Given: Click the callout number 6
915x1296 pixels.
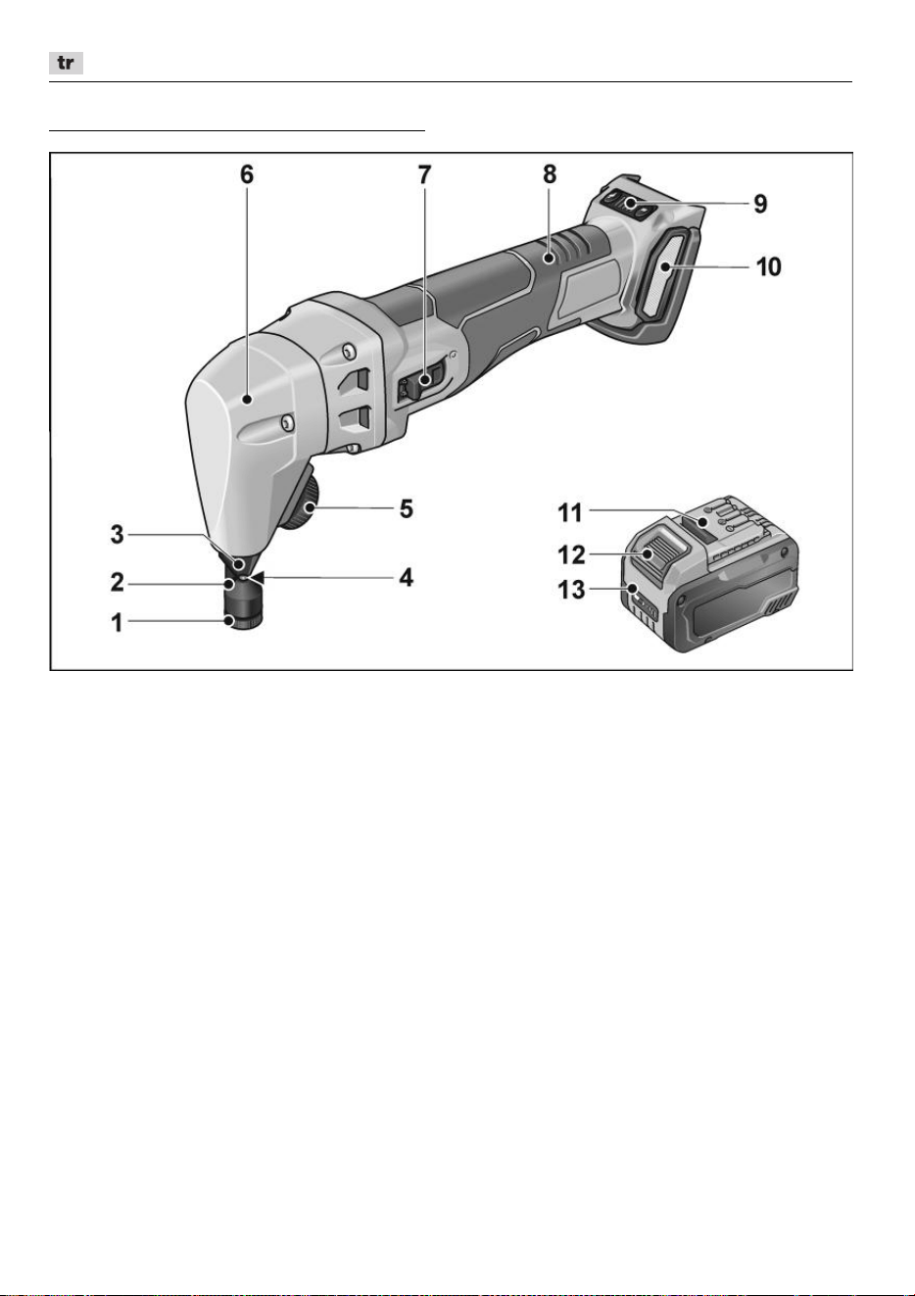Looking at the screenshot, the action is click(x=247, y=174).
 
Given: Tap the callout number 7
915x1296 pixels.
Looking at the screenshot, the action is click(x=425, y=174).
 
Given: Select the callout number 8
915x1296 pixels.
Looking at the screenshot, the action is click(x=550, y=174).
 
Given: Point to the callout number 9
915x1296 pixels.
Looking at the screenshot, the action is click(x=760, y=204).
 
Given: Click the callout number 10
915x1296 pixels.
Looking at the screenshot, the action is click(x=769, y=266).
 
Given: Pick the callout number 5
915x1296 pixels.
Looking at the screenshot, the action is click(x=407, y=508).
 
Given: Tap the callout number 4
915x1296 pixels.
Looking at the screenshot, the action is click(x=407, y=577).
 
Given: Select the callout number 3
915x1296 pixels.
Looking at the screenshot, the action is click(x=118, y=535).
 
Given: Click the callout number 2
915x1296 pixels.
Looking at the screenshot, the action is click(x=118, y=582).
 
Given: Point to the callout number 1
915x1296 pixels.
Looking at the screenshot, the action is click(x=118, y=623).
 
